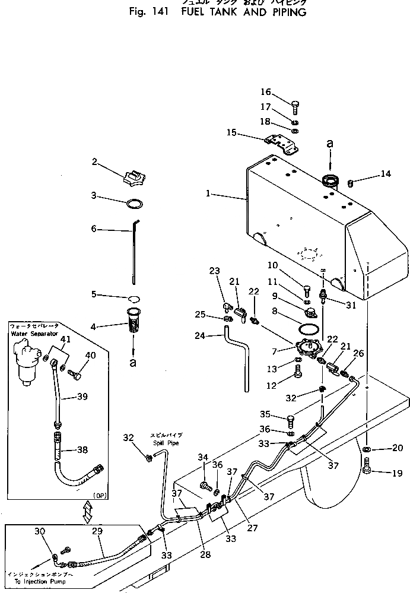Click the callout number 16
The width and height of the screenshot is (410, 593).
[x=265, y=92]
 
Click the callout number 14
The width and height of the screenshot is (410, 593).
[x=386, y=174]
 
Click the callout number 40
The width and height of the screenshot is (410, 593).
[x=90, y=355]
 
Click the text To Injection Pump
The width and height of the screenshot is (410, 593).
[x=36, y=582]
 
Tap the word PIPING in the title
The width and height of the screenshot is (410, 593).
[x=287, y=12]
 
